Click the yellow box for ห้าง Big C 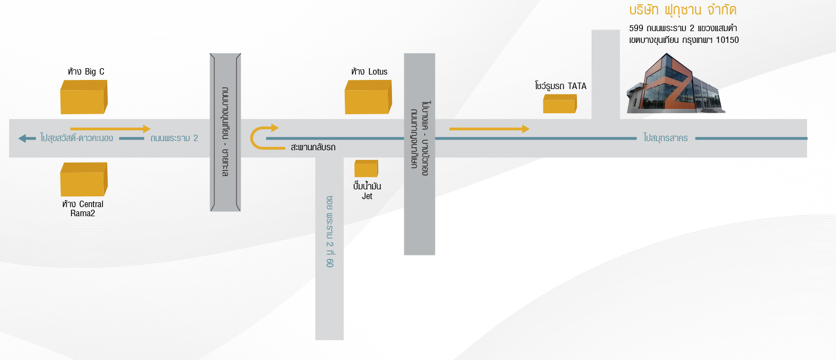click(x=84, y=97)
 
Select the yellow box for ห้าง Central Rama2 click(x=84, y=179)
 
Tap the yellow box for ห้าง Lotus click(x=368, y=97)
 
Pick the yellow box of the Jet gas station click(x=366, y=168)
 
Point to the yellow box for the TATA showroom click(x=560, y=104)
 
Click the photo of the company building click(x=676, y=83)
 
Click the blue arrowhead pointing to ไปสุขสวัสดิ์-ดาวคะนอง click(x=23, y=138)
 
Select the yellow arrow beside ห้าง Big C click(x=110, y=129)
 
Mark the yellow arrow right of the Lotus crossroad click(x=489, y=129)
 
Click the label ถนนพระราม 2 click(x=174, y=138)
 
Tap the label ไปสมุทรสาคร click(x=665, y=138)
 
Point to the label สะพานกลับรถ click(x=313, y=147)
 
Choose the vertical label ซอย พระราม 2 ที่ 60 click(x=330, y=231)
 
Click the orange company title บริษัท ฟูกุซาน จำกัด click(x=683, y=10)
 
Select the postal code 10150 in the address click(x=727, y=40)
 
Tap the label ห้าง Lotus click(x=369, y=71)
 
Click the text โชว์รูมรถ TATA click(x=560, y=86)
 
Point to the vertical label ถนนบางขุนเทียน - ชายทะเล click(x=225, y=132)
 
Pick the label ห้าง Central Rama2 click(x=83, y=208)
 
